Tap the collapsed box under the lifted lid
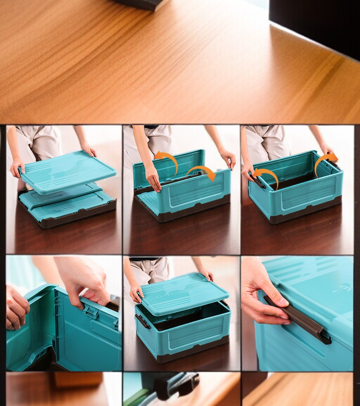pyautogui.click(x=68, y=208)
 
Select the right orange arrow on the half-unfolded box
pyautogui.click(x=202, y=172)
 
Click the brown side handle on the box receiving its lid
pyautogui.click(x=143, y=322)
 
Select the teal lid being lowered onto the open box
pyautogui.click(x=182, y=293)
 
